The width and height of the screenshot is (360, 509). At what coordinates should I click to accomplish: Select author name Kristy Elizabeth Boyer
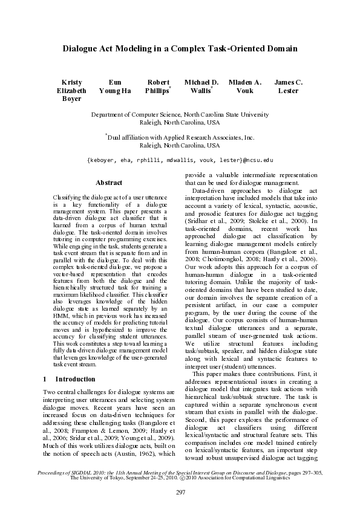tap(71, 90)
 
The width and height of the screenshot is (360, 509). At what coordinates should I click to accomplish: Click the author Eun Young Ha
tap(114, 86)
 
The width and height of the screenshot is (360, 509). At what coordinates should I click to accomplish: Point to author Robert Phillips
tap(158, 86)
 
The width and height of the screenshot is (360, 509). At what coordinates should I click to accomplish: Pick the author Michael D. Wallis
tap(201, 86)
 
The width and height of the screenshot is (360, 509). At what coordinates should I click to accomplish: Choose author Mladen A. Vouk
tap(244, 86)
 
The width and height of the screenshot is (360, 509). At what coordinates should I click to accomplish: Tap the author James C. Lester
tap(288, 86)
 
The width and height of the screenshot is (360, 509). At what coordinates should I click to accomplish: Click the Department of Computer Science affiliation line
tap(180, 114)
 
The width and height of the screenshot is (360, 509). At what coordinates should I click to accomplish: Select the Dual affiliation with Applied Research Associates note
tap(180, 138)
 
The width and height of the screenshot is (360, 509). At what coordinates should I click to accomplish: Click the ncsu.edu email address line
tap(180, 160)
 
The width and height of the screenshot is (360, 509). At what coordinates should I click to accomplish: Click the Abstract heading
tap(109, 183)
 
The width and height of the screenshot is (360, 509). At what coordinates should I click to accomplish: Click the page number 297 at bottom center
tap(180, 493)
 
